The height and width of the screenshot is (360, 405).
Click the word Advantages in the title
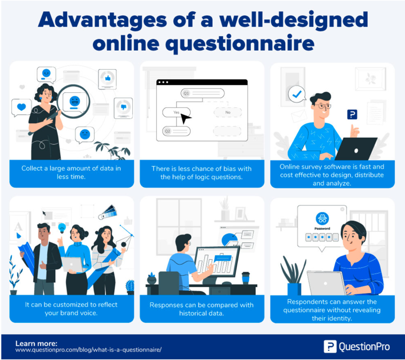pyautogui.click(x=102, y=21)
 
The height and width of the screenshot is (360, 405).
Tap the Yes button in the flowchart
pyautogui.click(x=176, y=112)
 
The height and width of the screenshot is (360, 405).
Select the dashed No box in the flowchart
pyautogui.click(x=228, y=112)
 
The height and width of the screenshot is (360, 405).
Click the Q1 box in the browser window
pyautogui.click(x=202, y=93)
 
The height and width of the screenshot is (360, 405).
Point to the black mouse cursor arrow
pyautogui.click(x=186, y=119)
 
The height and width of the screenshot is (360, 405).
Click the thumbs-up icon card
pyautogui.click(x=107, y=79)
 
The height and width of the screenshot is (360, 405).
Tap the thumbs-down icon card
pyautogui.click(x=123, y=108)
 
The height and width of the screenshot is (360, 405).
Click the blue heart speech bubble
pyautogui.click(x=21, y=107)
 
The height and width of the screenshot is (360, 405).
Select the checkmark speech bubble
pyautogui.click(x=297, y=94)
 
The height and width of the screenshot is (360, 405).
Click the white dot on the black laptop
pyautogui.click(x=356, y=151)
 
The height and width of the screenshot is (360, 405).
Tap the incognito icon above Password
pyautogui.click(x=322, y=219)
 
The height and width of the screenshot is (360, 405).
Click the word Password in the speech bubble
pyautogui.click(x=322, y=228)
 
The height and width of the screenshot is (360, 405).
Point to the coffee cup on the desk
pyautogui.click(x=245, y=278)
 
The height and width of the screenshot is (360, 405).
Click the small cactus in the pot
pyautogui.click(x=130, y=287)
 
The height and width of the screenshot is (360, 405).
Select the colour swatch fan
pyautogui.click(x=107, y=212)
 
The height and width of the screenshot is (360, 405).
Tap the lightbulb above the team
pyautogui.click(x=62, y=228)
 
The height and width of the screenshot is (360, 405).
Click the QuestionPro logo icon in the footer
pyautogui.click(x=330, y=346)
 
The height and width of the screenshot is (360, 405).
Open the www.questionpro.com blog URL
pyautogui.click(x=88, y=350)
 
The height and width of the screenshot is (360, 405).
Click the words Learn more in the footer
pyautogui.click(x=36, y=344)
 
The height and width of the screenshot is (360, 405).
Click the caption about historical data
pyautogui.click(x=201, y=309)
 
